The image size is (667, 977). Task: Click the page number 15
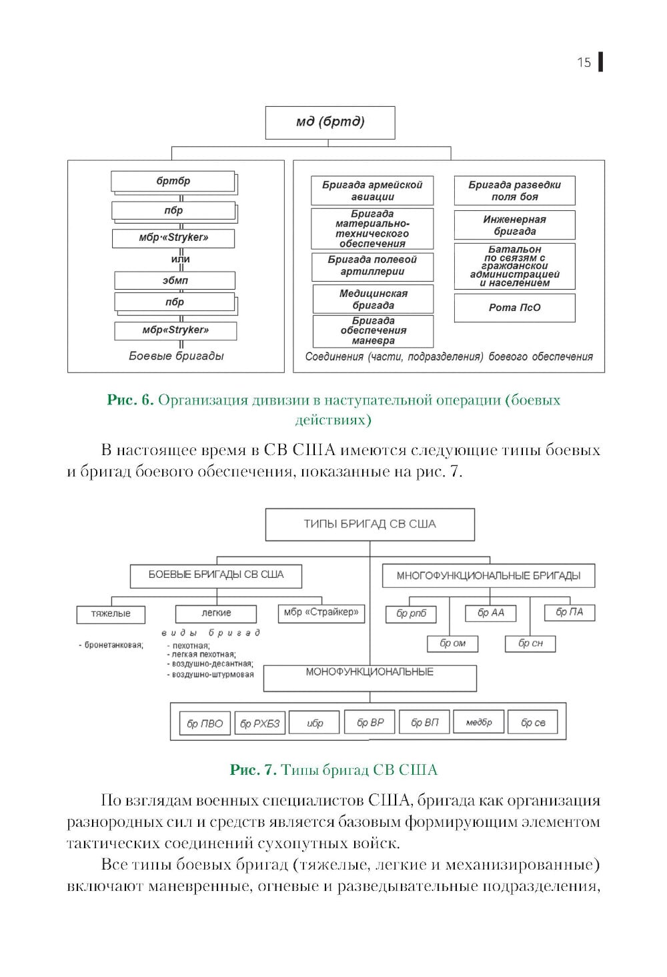pyautogui.click(x=584, y=62)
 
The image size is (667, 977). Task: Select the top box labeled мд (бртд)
pyautogui.click(x=330, y=122)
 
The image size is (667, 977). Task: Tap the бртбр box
pyautogui.click(x=173, y=182)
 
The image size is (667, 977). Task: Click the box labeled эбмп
pyautogui.click(x=175, y=280)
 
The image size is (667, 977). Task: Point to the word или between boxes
pyautogui.click(x=180, y=259)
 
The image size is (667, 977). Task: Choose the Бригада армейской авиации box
pyautogui.click(x=372, y=191)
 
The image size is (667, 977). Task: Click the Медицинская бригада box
pyautogui.click(x=373, y=299)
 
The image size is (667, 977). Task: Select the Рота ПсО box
pyautogui.click(x=514, y=308)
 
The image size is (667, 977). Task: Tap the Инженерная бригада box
pyautogui.click(x=514, y=225)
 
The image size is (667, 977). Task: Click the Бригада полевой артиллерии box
pyautogui.click(x=372, y=266)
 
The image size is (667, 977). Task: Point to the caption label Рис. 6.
pyautogui.click(x=130, y=400)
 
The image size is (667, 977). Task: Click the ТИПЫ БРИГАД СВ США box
pyautogui.click(x=370, y=525)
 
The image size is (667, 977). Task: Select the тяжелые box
pyautogui.click(x=111, y=614)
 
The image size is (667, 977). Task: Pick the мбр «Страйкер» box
pyautogui.click(x=321, y=613)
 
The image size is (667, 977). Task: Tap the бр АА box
pyautogui.click(x=491, y=613)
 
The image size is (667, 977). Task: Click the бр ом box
pyautogui.click(x=453, y=643)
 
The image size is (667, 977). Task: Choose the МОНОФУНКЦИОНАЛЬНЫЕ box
pyautogui.click(x=370, y=677)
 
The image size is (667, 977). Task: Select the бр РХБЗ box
pyautogui.click(x=260, y=723)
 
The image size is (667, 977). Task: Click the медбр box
pyautogui.click(x=479, y=722)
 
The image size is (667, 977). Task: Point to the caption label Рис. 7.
pyautogui.click(x=253, y=770)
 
